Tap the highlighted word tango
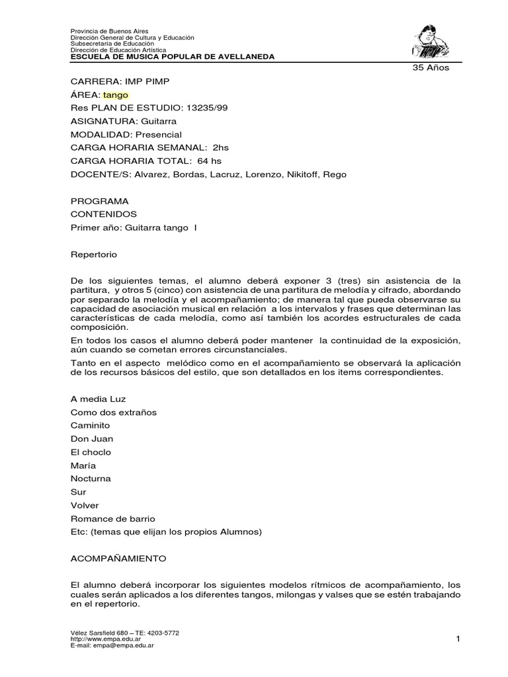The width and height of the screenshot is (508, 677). click(116, 95)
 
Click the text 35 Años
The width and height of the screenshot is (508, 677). click(430, 69)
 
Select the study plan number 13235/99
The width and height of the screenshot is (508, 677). click(198, 108)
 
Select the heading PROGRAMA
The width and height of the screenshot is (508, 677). click(99, 201)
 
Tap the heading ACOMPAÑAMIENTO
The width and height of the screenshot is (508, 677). click(119, 558)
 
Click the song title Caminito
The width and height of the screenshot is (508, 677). click(90, 426)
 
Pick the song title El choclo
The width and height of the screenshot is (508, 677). click(91, 452)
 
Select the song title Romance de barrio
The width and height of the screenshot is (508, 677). click(112, 518)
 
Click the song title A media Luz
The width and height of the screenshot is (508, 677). click(97, 399)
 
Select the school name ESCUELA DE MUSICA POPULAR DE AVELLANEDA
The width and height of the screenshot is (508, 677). click(172, 57)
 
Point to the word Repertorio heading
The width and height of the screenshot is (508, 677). click(93, 254)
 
